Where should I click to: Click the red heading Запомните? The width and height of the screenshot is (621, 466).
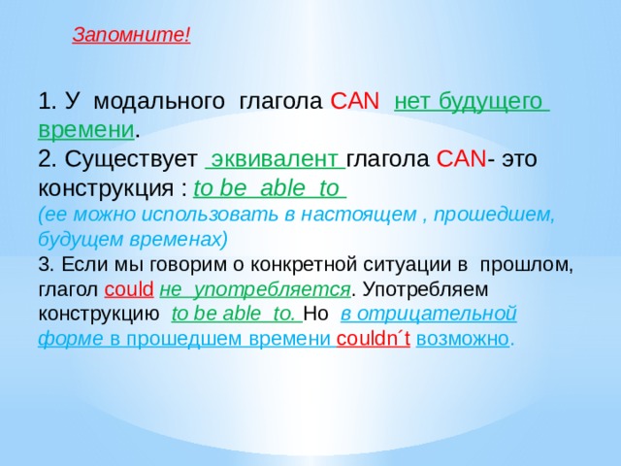[131, 36]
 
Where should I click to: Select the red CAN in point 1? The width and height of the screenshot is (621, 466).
[348, 102]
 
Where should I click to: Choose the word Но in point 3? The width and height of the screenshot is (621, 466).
[315, 315]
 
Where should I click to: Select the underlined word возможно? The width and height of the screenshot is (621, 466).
[462, 340]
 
